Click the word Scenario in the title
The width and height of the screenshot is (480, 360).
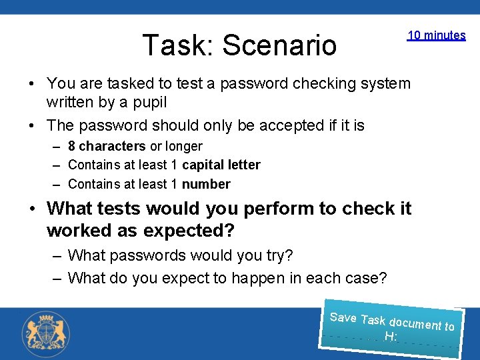tap(279, 45)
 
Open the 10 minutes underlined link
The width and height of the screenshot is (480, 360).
tap(436, 35)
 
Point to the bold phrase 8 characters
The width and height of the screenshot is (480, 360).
tap(107, 146)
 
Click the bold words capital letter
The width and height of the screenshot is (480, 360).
tap(221, 165)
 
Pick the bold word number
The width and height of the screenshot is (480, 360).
tap(206, 184)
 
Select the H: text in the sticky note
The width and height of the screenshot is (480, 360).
tap(391, 337)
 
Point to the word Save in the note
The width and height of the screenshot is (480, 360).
tap(343, 317)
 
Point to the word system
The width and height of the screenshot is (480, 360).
tap(387, 83)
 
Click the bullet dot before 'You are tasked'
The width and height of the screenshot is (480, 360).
tap(31, 84)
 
